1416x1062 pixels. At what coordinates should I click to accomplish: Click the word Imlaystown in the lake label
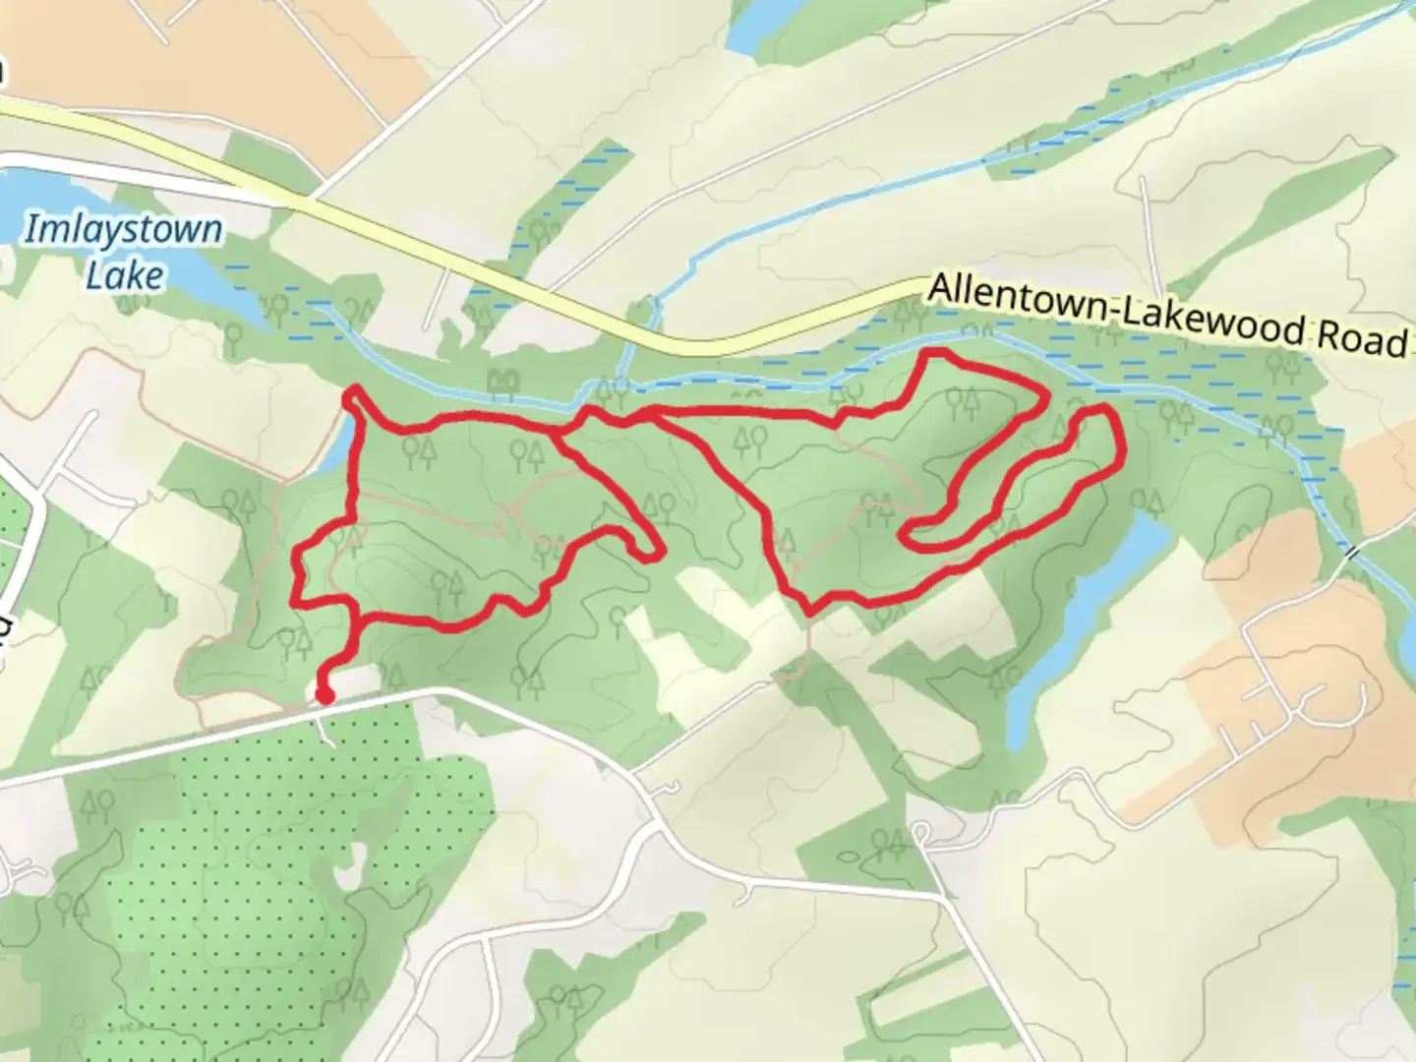123,230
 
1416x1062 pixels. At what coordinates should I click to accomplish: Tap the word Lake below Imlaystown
124,275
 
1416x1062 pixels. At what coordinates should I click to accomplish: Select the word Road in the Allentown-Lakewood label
1361,337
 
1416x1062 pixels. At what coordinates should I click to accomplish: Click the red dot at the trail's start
324,696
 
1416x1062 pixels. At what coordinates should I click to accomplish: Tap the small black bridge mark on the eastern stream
1354,554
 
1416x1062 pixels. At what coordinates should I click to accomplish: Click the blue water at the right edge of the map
1406,649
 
